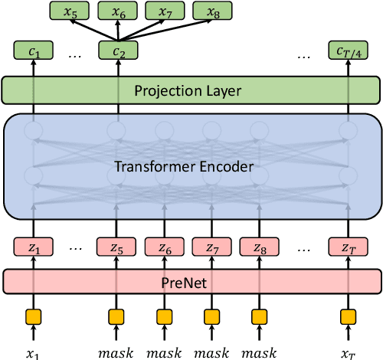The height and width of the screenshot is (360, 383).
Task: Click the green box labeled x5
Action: pyautogui.click(x=69, y=11)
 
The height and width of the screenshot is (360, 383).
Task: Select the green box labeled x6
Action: pyautogui.click(x=116, y=11)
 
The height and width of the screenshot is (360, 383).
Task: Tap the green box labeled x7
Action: pyautogui.click(x=164, y=11)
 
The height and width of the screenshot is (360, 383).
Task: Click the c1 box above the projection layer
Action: pyautogui.click(x=32, y=52)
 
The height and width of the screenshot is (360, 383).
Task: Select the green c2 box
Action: pyautogui.click(x=116, y=52)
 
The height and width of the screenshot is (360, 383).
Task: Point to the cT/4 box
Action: pyautogui.click(x=349, y=52)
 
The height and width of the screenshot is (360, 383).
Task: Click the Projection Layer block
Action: pyautogui.click(x=191, y=90)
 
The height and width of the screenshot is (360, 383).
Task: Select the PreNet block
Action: pyautogui.click(x=191, y=281)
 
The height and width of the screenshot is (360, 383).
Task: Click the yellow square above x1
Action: pyautogui.click(x=32, y=315)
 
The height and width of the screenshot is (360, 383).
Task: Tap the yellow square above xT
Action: pyautogui.click(x=349, y=315)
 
